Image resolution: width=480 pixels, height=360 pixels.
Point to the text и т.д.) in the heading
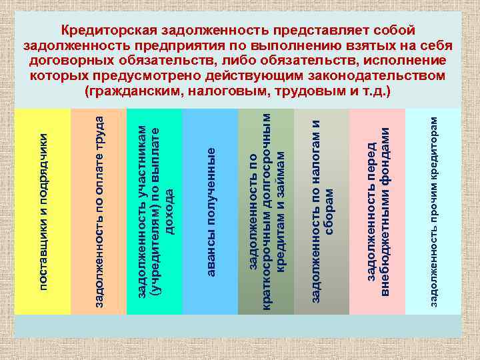tap(368, 89)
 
